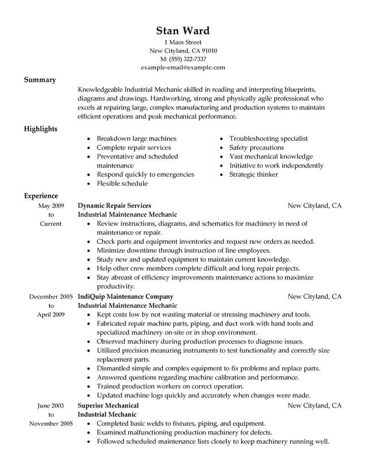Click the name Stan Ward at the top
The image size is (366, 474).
tap(183, 31)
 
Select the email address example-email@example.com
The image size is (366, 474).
tap(183, 67)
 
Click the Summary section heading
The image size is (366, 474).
tap(40, 80)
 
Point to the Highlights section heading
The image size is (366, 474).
tap(41, 129)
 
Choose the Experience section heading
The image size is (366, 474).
tap(41, 196)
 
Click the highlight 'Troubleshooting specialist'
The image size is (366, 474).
tap(268, 138)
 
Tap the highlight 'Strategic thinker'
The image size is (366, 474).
tap(253, 174)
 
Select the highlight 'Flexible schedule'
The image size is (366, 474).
tap(122, 184)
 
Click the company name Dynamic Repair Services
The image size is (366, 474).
tap(114, 206)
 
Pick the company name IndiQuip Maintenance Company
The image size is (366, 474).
tap(125, 296)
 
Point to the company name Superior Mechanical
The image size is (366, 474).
tap(108, 405)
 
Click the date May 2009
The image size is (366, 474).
tap(51, 206)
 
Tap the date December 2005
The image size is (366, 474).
tap(51, 296)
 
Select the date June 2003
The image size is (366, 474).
tap(51, 405)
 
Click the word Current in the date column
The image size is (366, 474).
tap(51, 223)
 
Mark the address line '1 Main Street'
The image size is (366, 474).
tap(183, 42)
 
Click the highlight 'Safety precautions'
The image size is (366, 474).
tap(256, 147)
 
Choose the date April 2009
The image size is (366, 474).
tap(51, 315)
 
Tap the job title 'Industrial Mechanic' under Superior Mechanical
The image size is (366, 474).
tap(107, 414)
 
